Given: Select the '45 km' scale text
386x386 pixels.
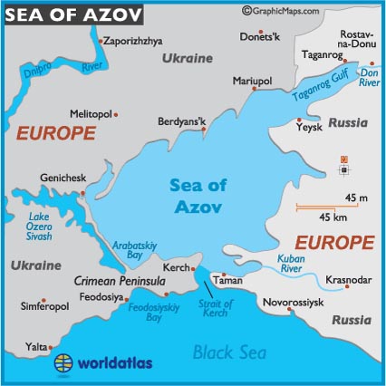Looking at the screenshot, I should pos(335,217).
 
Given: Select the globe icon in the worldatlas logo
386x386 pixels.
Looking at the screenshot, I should pos(64,364).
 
